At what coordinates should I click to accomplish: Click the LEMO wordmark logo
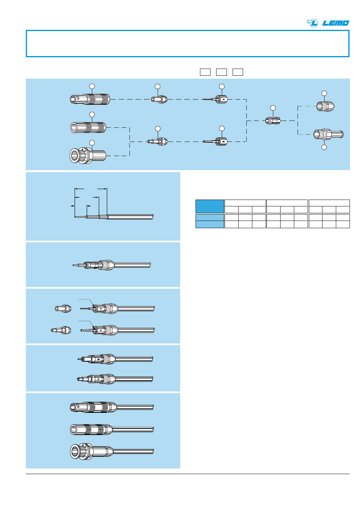336,23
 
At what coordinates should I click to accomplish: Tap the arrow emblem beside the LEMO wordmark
313,23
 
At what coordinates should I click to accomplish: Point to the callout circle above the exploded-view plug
92,86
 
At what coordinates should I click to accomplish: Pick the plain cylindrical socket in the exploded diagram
88,127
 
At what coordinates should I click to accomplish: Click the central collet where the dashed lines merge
273,120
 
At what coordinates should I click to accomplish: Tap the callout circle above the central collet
273,108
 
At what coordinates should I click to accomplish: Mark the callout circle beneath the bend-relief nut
324,148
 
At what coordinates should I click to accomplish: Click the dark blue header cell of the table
210,206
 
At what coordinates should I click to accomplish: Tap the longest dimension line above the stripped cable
91,188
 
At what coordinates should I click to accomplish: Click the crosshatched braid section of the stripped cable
103,216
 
